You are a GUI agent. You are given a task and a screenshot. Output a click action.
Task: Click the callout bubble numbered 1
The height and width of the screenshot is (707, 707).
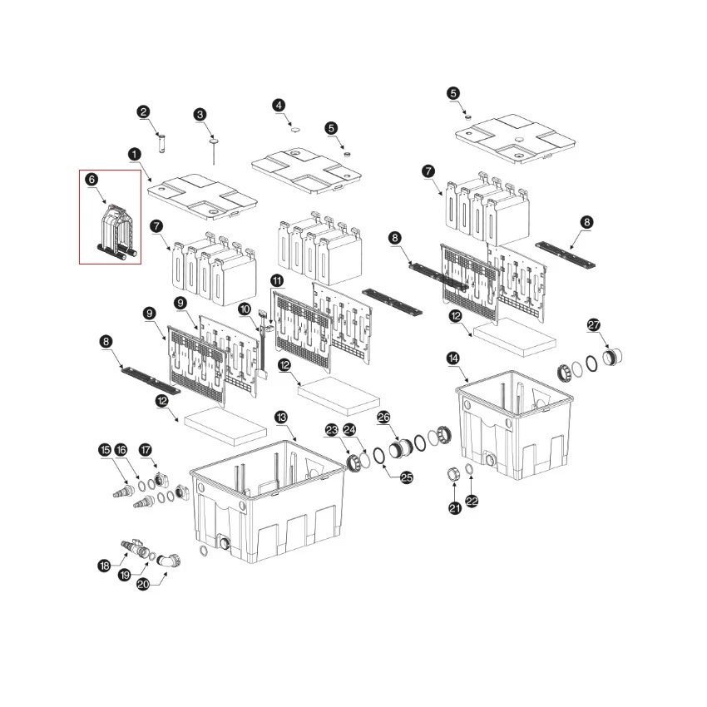pos(135,155)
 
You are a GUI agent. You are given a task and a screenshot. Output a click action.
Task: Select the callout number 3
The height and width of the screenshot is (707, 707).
pos(200,115)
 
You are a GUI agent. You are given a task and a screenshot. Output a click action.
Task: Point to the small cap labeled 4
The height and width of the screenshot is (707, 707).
pos(296,130)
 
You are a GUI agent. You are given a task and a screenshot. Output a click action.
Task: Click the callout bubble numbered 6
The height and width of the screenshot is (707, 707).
pos(91,180)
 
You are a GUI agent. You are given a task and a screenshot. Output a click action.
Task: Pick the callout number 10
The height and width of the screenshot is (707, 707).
pos(245,309)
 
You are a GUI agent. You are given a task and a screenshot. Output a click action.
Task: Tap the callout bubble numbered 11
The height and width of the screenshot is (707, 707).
pos(277,281)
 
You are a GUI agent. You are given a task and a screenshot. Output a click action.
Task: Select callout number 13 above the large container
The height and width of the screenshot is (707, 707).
pos(281,418)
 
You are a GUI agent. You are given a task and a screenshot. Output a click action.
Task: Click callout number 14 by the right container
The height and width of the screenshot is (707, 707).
pos(453,358)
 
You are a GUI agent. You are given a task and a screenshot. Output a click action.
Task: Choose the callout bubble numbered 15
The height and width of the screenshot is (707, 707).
pos(105,450)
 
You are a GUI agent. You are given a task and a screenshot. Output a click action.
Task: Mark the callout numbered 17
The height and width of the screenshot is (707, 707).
pos(146,450)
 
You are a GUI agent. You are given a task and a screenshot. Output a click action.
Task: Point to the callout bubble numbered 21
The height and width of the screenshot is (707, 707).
pos(455,508)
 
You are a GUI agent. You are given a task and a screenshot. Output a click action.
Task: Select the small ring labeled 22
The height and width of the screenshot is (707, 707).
pos(469,469)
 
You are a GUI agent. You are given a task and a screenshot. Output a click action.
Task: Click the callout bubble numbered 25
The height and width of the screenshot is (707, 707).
pos(407,477)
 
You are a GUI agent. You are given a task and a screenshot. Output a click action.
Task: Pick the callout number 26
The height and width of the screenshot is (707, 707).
pos(383,418)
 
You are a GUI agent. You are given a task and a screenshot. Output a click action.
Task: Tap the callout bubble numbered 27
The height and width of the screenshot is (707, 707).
pos(594,325)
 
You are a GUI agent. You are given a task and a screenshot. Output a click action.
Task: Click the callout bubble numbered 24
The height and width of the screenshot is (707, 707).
pos(349,430)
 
